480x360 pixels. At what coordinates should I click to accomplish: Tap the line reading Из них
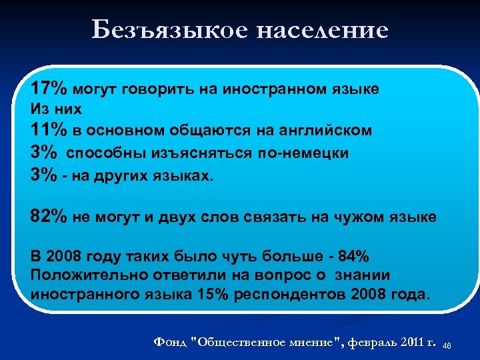[56, 107]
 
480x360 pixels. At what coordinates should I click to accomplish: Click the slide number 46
[465, 345]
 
